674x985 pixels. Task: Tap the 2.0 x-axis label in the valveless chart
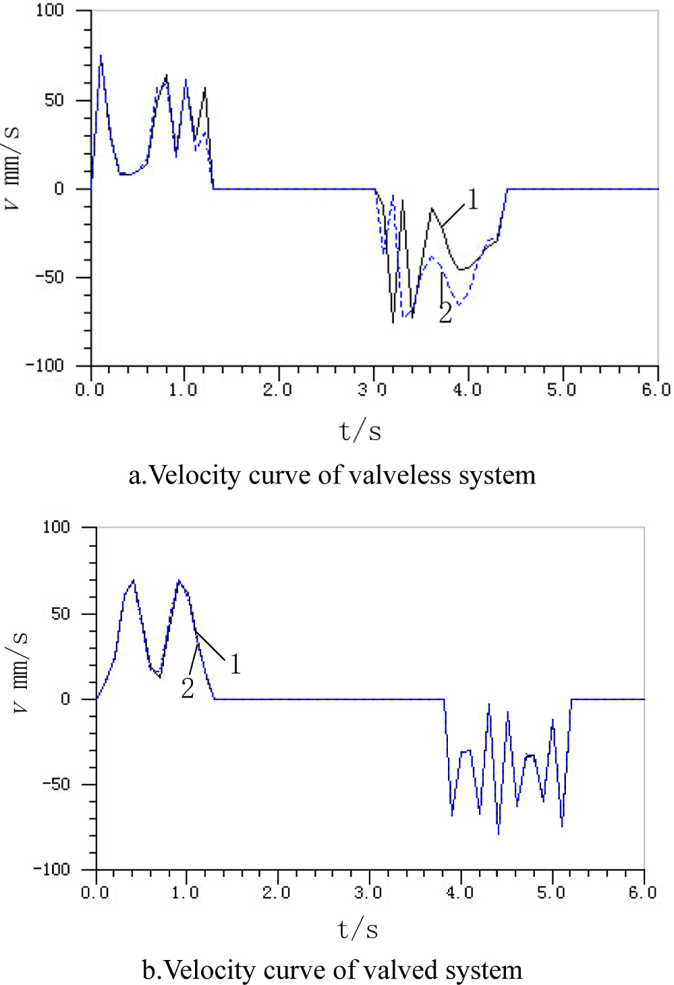pos(278,389)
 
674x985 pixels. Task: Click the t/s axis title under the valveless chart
pos(360,432)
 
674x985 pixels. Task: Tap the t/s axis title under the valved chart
pos(358,930)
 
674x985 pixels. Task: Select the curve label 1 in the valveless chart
pos(473,200)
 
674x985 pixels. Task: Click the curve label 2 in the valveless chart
pos(445,314)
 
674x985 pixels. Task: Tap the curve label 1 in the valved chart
pos(235,665)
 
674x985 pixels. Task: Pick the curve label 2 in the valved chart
pos(188,688)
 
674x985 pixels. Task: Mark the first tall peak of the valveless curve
pos(101,56)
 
